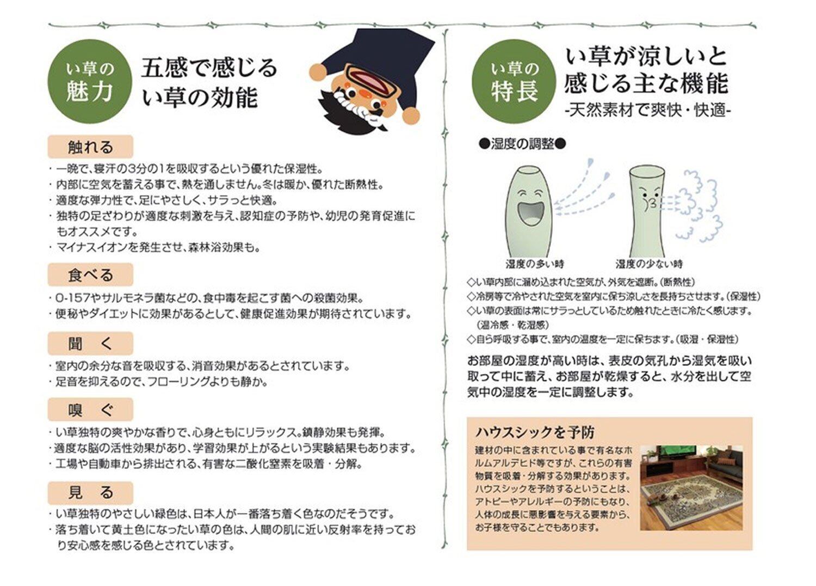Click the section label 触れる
90,146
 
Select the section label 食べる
90,274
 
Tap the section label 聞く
90,344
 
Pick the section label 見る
90,493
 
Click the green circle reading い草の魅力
90,81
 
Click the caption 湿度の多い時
535,264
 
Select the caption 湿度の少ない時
650,264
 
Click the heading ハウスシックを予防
535,432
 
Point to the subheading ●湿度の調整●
522,144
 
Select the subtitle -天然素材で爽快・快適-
648,109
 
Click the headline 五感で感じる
209,68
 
